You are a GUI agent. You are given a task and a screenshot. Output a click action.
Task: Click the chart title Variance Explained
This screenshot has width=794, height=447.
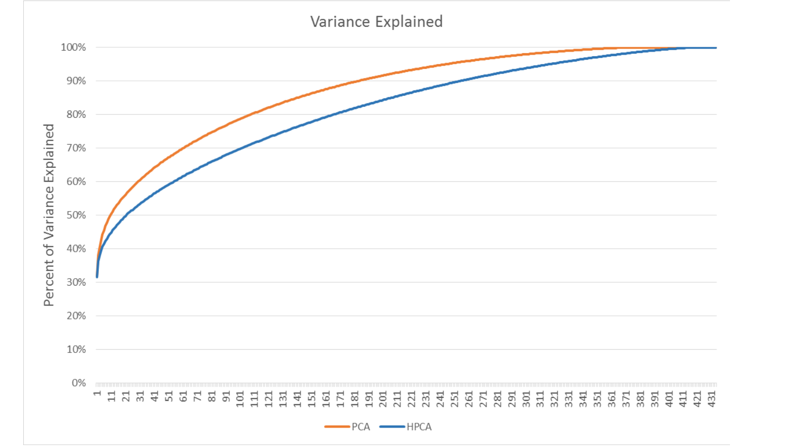point(377,22)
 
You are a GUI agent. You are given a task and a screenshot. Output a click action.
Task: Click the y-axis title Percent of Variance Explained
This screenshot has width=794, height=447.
point(49,215)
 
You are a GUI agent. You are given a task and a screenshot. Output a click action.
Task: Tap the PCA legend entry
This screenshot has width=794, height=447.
point(347,427)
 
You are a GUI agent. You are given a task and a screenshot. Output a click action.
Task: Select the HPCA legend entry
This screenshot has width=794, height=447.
point(405,427)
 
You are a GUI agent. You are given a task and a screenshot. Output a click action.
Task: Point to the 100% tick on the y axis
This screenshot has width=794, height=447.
point(73,48)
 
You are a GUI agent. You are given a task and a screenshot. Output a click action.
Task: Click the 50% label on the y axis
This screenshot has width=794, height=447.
point(76,216)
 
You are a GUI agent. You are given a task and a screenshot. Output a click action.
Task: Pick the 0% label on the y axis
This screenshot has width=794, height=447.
point(79,383)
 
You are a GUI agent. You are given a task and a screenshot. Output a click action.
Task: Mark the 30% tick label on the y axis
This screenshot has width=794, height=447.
point(76,283)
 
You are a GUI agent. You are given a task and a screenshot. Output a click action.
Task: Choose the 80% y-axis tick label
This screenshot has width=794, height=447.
point(76,115)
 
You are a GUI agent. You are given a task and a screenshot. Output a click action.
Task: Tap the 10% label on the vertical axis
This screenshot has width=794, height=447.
point(76,350)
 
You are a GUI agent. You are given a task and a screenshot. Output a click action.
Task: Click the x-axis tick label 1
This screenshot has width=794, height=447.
point(97,393)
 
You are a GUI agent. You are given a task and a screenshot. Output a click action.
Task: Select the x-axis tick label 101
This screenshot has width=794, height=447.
point(240,399)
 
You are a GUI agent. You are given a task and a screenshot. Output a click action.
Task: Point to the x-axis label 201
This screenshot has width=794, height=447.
point(383,399)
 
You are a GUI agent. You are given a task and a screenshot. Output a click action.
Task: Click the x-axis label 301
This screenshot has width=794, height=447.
point(527,399)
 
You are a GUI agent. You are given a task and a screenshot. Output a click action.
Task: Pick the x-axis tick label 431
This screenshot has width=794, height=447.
point(712,399)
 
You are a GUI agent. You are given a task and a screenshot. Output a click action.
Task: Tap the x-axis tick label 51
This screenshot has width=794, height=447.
point(169,396)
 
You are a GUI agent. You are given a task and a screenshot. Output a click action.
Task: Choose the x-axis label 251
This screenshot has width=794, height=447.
point(455,399)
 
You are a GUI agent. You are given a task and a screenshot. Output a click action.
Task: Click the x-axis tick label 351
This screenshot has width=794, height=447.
point(598,399)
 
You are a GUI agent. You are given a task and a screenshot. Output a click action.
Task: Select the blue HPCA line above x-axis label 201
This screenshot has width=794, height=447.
point(383,100)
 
